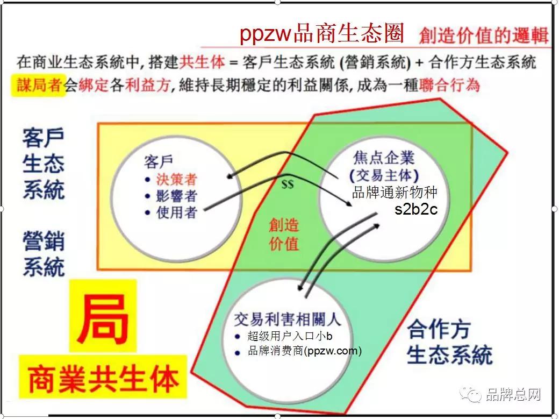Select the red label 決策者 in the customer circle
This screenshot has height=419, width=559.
(176, 179)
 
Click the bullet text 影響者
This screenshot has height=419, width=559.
(176, 196)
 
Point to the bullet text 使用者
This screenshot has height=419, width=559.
(176, 212)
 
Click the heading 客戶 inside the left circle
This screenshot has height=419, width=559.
(158, 162)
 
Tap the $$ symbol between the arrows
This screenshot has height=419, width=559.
(288, 184)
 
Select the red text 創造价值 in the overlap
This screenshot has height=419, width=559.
(284, 235)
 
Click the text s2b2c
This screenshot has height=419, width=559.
(416, 209)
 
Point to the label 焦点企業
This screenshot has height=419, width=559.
(384, 158)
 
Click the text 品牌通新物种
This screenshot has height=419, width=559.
(395, 193)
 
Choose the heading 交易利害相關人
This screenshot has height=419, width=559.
(288, 319)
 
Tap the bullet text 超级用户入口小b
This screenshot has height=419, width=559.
(290, 336)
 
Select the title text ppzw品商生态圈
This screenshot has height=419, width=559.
(321, 33)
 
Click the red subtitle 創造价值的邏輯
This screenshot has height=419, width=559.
(484, 35)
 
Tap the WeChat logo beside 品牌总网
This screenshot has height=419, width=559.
(470, 394)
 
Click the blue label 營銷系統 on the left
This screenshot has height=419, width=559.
(44, 254)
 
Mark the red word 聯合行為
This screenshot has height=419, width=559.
(449, 86)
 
